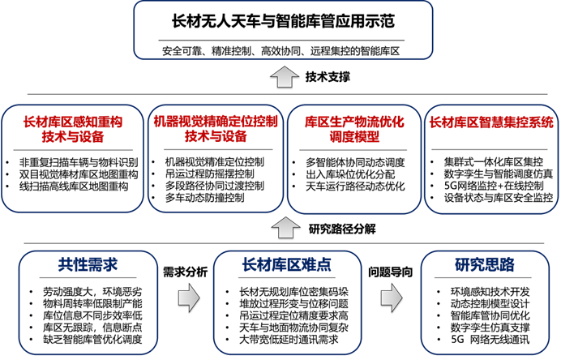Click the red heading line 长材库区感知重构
pos(73,122)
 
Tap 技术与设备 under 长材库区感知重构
pos(73,136)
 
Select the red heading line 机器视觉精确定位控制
pos(216,122)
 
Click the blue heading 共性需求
pos(88,264)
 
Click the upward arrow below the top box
pos(285,78)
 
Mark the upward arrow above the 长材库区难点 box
pos(285,227)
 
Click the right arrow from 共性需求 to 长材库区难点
pos(188,298)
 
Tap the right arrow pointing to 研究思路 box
pos(392,298)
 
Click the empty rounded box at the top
pos(283,30)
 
